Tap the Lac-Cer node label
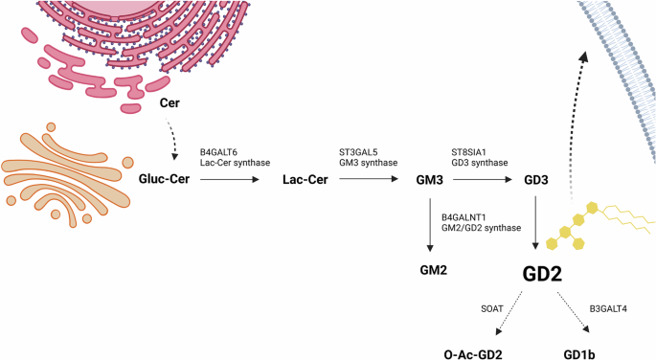[306, 179]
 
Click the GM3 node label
[430, 179]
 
